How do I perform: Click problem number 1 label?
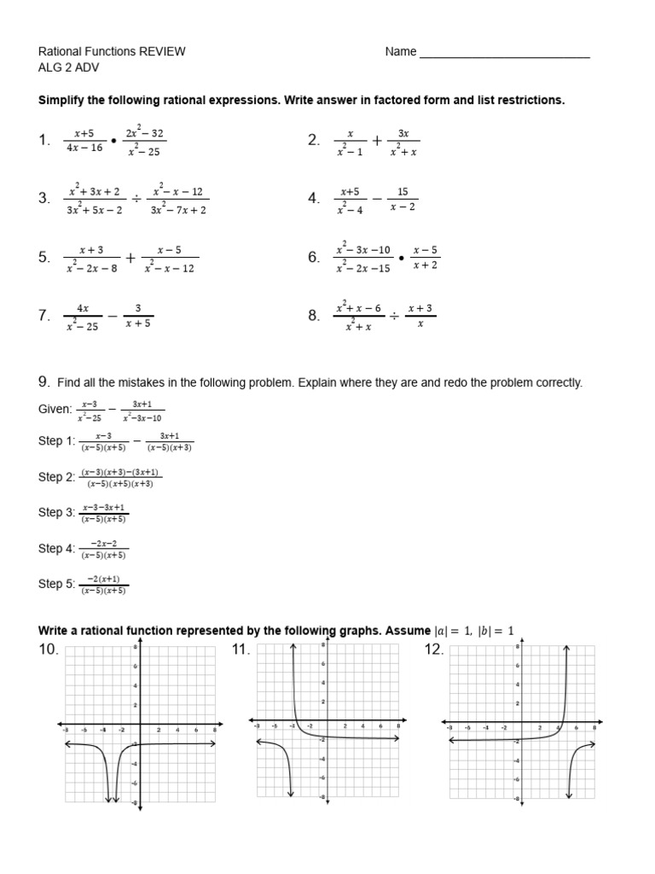(x=45, y=141)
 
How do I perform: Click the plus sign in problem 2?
(x=376, y=141)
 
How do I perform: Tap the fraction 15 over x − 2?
(x=403, y=199)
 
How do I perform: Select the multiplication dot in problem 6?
(x=401, y=257)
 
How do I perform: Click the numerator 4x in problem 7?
(x=83, y=307)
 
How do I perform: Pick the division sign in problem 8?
(x=394, y=316)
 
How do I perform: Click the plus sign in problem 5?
(x=130, y=257)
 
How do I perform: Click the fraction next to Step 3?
(x=104, y=513)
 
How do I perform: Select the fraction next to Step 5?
(x=104, y=585)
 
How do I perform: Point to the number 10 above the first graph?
(x=48, y=650)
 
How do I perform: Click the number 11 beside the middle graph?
(x=240, y=650)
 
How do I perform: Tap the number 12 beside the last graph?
(x=434, y=650)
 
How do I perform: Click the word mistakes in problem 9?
(x=140, y=382)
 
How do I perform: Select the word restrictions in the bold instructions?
(x=530, y=100)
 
